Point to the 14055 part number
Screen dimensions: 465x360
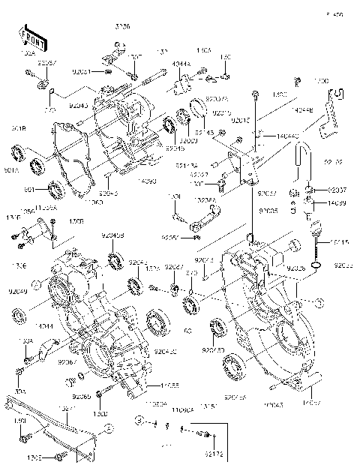[x=169, y=385]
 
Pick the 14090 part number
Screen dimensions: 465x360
[x=148, y=181]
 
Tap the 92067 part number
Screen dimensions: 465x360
[x=68, y=361]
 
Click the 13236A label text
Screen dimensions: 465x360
[x=205, y=200]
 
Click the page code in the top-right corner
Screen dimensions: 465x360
[x=334, y=13]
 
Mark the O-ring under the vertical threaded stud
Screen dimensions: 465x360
[x=317, y=265]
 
